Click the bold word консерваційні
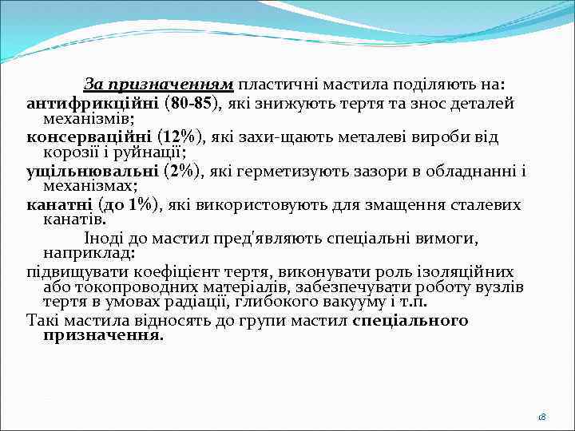pos(88,136)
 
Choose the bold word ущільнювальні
pos(91,170)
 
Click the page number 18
pos(541,417)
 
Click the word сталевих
pos(488,204)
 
